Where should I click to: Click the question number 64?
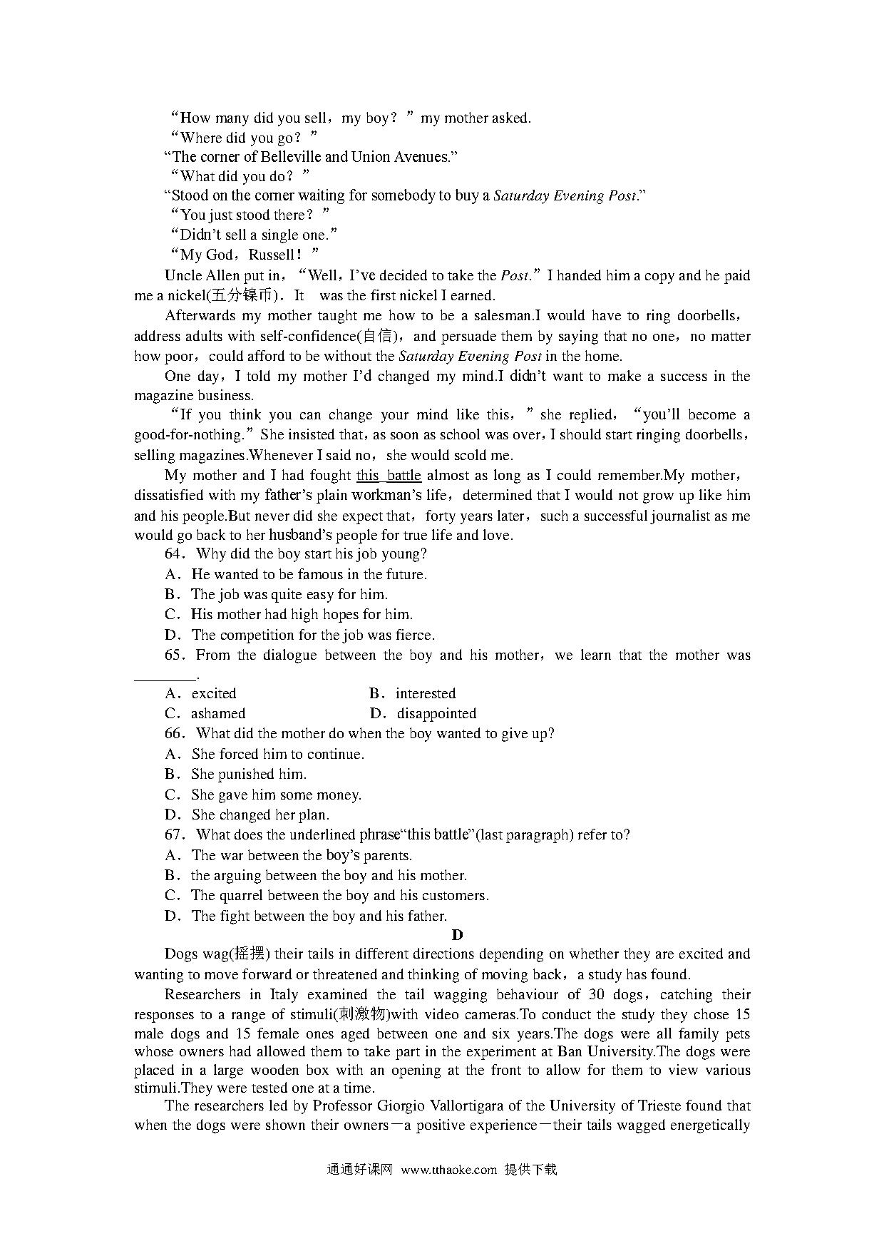click(x=174, y=554)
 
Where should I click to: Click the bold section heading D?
click(x=457, y=935)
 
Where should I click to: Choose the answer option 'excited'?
click(x=213, y=694)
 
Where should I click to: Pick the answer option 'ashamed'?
click(x=217, y=714)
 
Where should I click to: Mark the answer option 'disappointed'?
click(x=436, y=714)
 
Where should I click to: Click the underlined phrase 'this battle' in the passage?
click(x=389, y=476)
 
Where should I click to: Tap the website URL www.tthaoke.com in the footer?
click(x=448, y=1170)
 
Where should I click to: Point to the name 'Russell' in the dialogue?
click(x=272, y=255)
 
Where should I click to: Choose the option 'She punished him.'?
click(x=248, y=775)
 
